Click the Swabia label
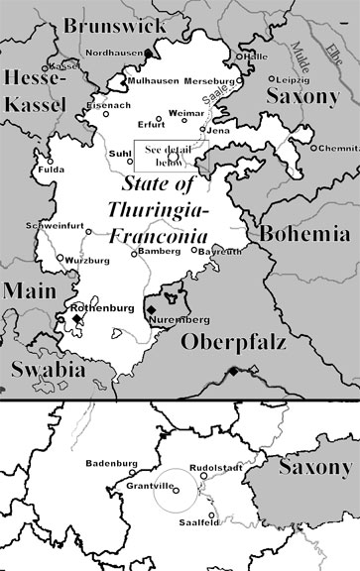click(x=39, y=369)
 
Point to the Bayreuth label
click(x=220, y=253)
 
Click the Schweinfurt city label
click(x=61, y=227)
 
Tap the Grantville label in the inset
click(x=151, y=484)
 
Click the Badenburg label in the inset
click(x=110, y=462)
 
